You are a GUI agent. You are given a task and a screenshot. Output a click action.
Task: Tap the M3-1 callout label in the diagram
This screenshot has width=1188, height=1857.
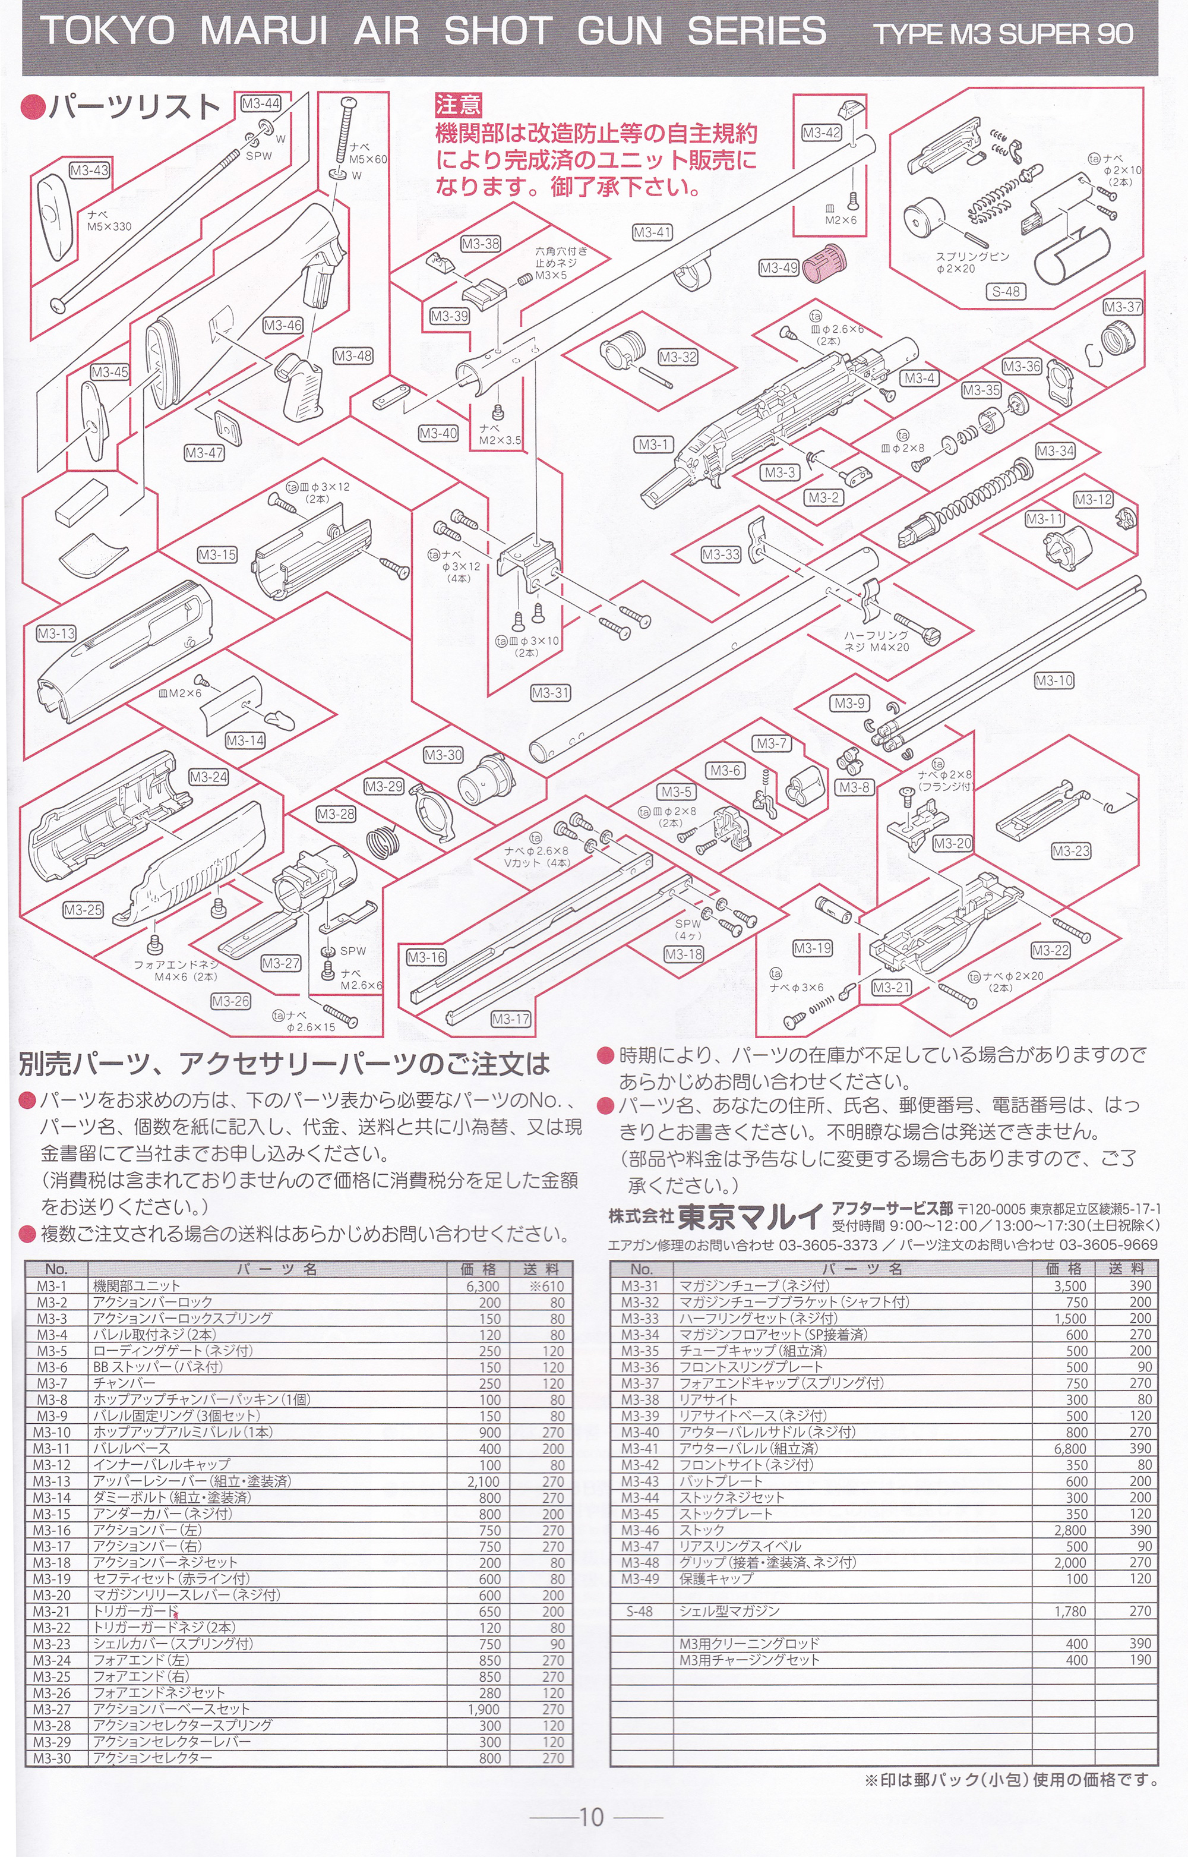pos(653,444)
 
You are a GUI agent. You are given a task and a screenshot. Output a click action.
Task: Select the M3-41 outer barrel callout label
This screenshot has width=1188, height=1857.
pos(652,231)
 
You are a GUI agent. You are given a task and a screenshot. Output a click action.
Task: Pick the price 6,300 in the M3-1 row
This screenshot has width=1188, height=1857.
pos(483,1286)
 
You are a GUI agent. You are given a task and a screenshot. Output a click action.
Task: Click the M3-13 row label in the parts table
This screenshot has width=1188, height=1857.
pos(52,1481)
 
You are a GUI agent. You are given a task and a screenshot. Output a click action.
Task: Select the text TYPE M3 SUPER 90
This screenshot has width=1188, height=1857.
pos(1002,34)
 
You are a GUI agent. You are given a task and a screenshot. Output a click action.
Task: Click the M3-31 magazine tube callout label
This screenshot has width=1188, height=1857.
pos(551,693)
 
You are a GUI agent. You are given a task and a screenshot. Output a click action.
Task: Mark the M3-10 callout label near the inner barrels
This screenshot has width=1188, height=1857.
pos(1054,680)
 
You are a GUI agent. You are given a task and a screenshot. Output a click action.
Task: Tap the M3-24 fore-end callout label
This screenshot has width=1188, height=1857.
pos(208,776)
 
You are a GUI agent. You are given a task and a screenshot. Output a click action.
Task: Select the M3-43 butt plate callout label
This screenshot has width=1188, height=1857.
pos(90,170)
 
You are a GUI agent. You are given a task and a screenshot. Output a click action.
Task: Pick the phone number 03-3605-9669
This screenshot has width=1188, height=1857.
pos(1108,1244)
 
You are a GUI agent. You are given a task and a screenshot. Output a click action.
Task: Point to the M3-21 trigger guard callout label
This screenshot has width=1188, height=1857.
pos(892,987)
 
